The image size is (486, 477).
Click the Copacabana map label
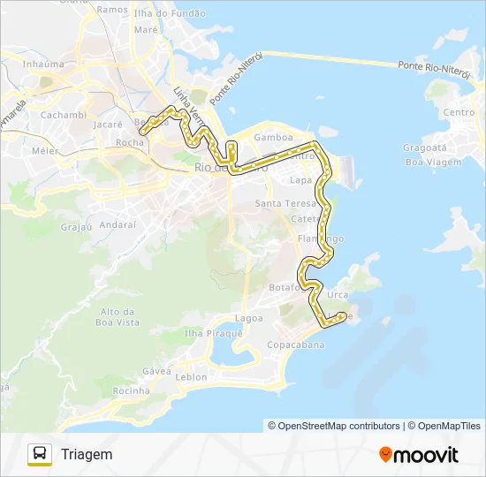pyautogui.click(x=296, y=344)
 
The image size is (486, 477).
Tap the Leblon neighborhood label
pyautogui.click(x=192, y=377)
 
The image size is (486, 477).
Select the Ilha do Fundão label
pyautogui.click(x=170, y=13)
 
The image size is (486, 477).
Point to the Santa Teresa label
pyautogui.click(x=279, y=203)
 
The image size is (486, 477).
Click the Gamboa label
pyautogui.click(x=272, y=138)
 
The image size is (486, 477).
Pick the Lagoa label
pyautogui.click(x=249, y=317)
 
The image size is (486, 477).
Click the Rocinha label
pyautogui.click(x=132, y=390)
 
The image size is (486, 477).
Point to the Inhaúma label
pyautogui.click(x=43, y=64)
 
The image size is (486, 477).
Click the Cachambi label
pyautogui.click(x=63, y=115)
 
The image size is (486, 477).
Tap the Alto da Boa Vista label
pyautogui.click(x=120, y=317)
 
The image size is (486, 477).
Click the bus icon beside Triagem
pyautogui.click(x=40, y=454)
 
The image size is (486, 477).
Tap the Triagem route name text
pyautogui.click(x=87, y=454)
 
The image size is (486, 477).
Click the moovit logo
pyautogui.click(x=419, y=455)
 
